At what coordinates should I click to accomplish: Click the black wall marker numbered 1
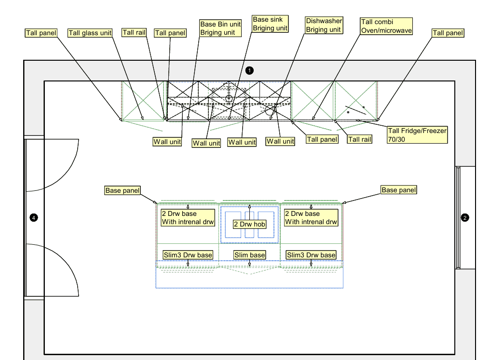click(x=249, y=70)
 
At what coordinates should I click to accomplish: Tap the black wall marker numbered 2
click(x=465, y=218)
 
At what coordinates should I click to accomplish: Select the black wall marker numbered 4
click(x=34, y=218)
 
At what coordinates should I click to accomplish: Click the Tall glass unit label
click(x=90, y=33)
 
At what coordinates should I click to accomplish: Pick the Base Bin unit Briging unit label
click(x=220, y=28)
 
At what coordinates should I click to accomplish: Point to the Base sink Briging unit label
click(x=270, y=24)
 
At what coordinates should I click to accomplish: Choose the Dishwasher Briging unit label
click(x=324, y=25)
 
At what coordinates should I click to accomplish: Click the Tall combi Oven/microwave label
click(x=386, y=26)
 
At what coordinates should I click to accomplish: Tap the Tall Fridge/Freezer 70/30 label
click(x=417, y=135)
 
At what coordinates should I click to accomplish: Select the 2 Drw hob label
click(x=249, y=224)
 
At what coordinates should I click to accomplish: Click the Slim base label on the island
click(x=250, y=255)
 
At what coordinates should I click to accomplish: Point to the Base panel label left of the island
click(x=123, y=190)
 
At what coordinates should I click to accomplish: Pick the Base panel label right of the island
click(x=398, y=190)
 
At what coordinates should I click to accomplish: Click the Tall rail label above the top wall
click(x=134, y=32)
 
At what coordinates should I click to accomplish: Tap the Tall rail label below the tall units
click(x=360, y=139)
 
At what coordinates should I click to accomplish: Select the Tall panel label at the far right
click(x=448, y=33)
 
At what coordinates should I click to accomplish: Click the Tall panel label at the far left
click(x=41, y=33)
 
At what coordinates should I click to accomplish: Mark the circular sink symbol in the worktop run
click(x=229, y=98)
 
